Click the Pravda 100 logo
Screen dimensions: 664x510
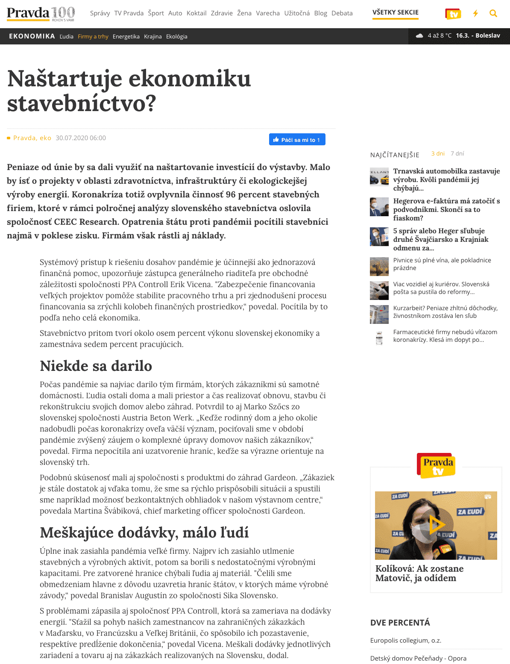point(41,13)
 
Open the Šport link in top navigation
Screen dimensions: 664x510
point(156,13)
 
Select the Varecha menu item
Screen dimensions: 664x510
point(268,13)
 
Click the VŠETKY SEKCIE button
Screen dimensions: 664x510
point(395,12)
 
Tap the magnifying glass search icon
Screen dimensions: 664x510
point(493,14)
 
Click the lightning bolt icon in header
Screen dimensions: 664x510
point(475,14)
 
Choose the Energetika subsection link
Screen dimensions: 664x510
point(126,37)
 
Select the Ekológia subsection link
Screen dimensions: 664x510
point(176,37)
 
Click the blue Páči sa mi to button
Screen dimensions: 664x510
point(297,140)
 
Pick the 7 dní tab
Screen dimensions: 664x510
point(457,154)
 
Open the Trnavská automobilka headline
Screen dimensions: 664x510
point(446,179)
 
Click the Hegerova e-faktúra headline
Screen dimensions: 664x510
point(446,209)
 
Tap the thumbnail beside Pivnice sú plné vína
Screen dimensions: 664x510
point(379,267)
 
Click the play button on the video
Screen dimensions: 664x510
point(436,525)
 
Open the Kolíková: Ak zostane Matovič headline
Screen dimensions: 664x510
point(419,573)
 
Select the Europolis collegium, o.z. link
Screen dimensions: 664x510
point(405,640)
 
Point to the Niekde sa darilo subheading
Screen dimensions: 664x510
point(96,366)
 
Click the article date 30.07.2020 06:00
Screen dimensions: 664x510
point(81,138)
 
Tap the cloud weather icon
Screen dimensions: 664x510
point(419,36)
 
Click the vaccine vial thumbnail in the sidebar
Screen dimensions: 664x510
point(379,338)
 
